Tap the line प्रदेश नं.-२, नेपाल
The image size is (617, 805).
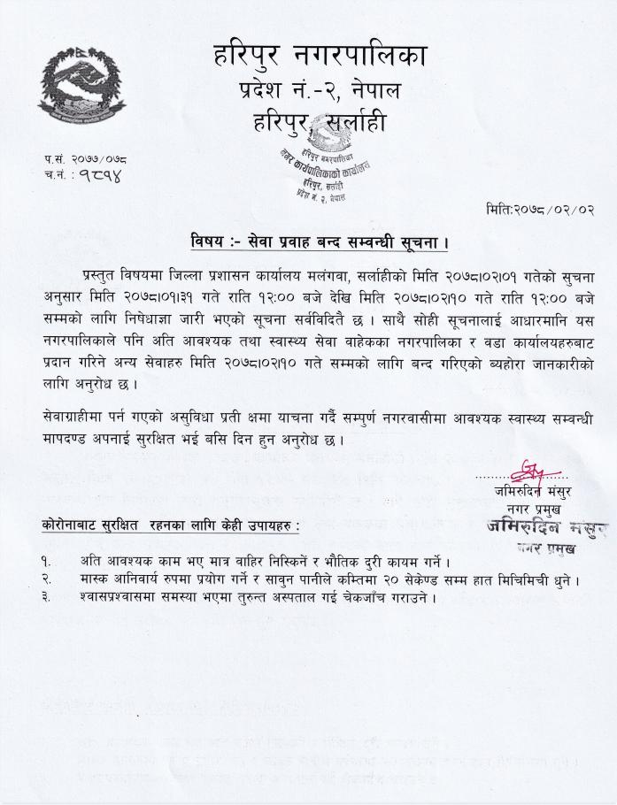(x=320, y=89)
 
